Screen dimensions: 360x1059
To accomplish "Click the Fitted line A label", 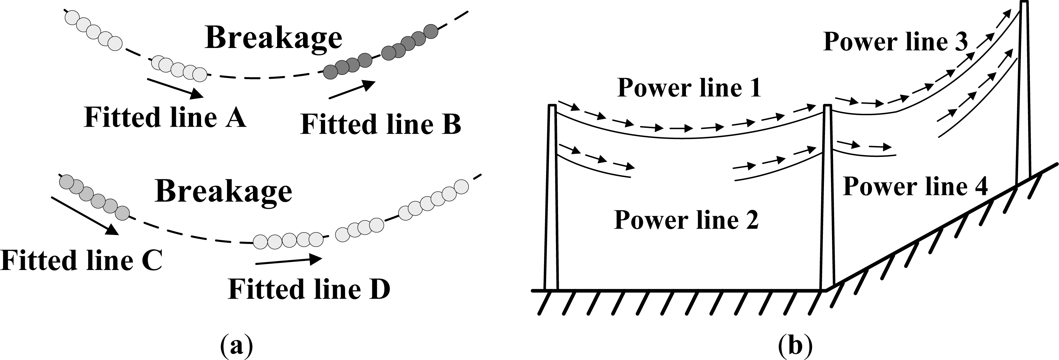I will point(165,118).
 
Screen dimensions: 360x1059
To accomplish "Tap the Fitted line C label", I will point(81,261).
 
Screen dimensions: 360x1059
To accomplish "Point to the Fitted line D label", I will point(309,289).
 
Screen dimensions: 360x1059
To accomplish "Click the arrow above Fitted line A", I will point(175,88).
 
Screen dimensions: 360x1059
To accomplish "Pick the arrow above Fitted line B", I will point(352,90).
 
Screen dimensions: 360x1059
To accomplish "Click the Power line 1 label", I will point(689,88).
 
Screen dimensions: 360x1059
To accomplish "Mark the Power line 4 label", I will point(915,187).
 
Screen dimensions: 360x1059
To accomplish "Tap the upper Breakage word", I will point(273,38).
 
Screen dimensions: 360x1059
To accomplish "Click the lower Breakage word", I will point(224,192).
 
